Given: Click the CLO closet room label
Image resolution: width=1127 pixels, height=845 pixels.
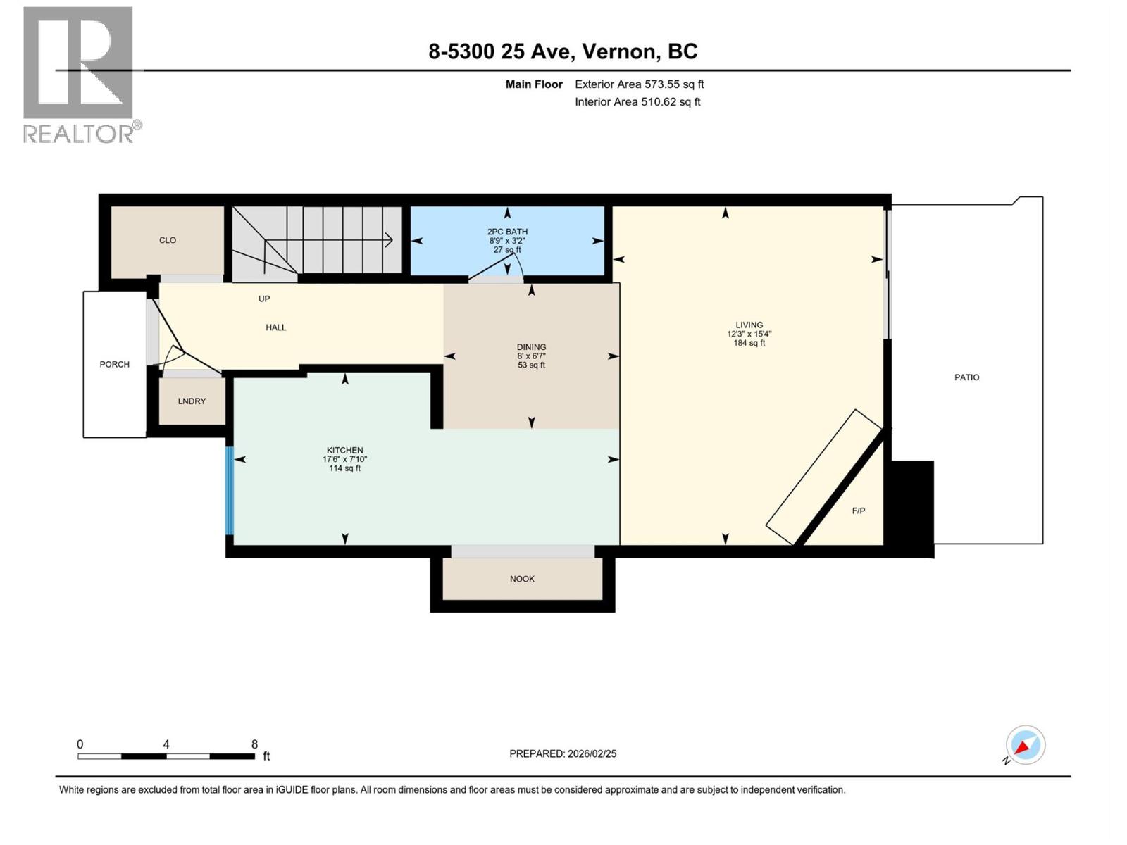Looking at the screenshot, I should point(168,240).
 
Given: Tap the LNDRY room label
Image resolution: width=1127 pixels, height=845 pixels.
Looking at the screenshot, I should point(192,401).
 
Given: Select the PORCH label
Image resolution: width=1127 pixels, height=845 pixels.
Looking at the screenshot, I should point(115,364).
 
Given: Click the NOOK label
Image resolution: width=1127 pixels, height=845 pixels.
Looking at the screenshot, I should point(522,579).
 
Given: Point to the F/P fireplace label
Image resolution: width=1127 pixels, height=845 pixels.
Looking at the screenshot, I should point(858,511).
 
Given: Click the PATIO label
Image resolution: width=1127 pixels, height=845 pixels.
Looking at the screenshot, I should point(966,377).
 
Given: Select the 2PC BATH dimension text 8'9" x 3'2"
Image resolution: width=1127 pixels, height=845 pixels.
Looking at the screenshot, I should point(507,241).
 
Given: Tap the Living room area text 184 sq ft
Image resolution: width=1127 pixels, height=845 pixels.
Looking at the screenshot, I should point(749,344).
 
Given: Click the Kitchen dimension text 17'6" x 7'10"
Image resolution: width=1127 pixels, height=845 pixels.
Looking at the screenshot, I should point(344,459).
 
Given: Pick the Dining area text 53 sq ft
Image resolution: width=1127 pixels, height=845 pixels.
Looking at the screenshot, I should point(531,365).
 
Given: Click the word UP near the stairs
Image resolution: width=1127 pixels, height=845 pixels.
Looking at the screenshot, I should point(264,299).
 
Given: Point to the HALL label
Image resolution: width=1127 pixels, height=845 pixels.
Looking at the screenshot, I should point(275,327).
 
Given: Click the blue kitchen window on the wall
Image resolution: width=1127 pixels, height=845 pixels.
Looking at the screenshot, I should point(229,490).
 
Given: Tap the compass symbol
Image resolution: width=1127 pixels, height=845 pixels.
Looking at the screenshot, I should point(1025,745).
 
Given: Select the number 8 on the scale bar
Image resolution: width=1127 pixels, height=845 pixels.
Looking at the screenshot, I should point(254,744).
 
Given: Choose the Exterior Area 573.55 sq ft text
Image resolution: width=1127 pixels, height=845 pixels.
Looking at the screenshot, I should point(639,84).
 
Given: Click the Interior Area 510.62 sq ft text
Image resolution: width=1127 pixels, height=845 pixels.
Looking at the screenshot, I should point(637,102).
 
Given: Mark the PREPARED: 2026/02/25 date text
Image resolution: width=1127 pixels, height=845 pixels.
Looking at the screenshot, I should point(563,753).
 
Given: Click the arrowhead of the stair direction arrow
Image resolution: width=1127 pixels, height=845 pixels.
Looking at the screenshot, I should point(390,240).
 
